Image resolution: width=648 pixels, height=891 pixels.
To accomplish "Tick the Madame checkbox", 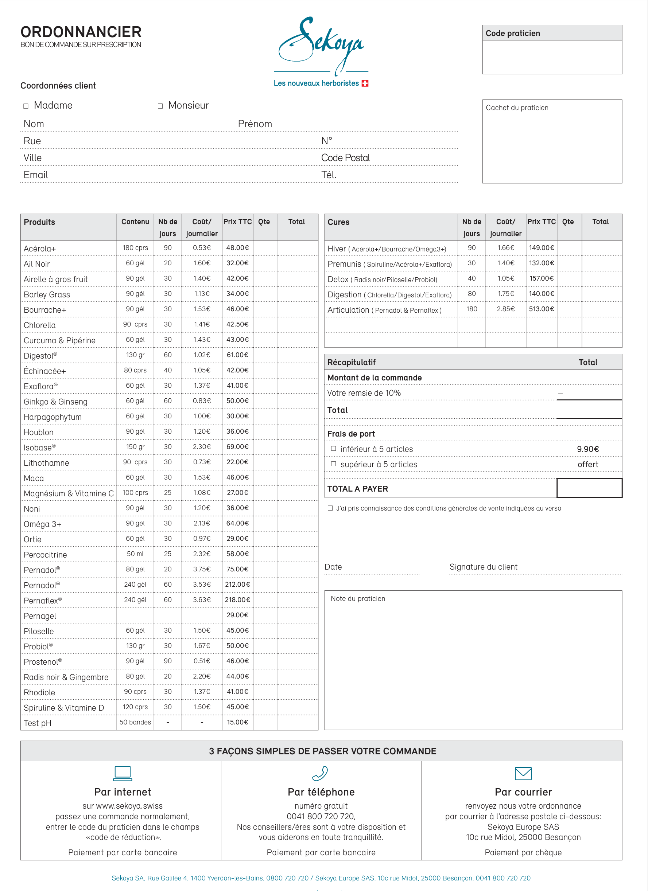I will pyautogui.click(x=26, y=106).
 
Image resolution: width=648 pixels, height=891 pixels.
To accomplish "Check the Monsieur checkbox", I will pyautogui.click(x=160, y=106).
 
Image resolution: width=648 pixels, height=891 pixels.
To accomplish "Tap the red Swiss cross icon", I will pyautogui.click(x=365, y=83).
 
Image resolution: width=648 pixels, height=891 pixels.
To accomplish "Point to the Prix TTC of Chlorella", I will pyautogui.click(x=237, y=324).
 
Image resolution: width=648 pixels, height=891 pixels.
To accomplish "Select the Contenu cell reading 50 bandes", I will pyautogui.click(x=135, y=722).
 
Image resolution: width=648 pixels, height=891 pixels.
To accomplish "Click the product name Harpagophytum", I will pyautogui.click(x=53, y=417).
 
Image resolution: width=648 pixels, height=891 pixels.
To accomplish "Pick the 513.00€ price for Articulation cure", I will pyautogui.click(x=541, y=309).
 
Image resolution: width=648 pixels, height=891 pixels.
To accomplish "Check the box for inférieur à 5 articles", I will pyautogui.click(x=333, y=449).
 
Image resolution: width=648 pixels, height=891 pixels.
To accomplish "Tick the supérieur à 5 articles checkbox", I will pyautogui.click(x=333, y=464).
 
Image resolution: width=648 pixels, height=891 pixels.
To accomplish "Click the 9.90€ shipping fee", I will pyautogui.click(x=587, y=449).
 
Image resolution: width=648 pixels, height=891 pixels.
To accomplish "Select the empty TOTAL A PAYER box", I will pyautogui.click(x=589, y=488).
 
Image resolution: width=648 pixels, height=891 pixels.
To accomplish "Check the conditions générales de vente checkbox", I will pyautogui.click(x=330, y=508).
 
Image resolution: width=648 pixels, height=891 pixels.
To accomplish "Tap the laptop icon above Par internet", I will pyautogui.click(x=123, y=773).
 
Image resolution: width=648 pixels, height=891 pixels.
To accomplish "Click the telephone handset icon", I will pyautogui.click(x=320, y=773).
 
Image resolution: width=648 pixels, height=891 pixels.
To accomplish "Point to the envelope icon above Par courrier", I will pyautogui.click(x=523, y=774).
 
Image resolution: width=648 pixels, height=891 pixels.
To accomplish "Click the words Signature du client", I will pyautogui.click(x=483, y=567).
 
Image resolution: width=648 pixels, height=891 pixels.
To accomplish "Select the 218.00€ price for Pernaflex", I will pyautogui.click(x=237, y=600).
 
